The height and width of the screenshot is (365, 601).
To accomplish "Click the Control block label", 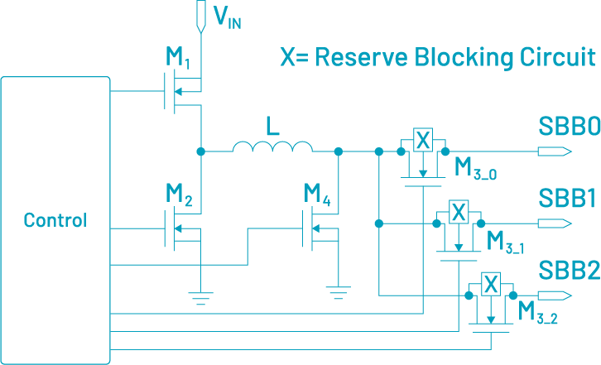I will pos(55,221).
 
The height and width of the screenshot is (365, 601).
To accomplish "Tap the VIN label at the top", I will pos(228,19).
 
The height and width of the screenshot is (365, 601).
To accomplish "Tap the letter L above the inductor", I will pos(272,126).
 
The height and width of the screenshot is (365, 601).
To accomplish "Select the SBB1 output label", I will pos(568,199).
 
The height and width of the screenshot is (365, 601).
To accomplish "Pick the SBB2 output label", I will pos(569,271).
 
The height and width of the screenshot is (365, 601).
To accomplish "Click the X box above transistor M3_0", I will pos(422,140).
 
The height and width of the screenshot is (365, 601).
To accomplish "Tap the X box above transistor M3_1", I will pos(457,212).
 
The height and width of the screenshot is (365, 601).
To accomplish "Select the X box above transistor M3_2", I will pos(491,284).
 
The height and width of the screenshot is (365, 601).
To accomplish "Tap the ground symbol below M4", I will pos(337,292).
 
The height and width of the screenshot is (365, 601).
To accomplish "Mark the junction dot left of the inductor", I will pos(200,151).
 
